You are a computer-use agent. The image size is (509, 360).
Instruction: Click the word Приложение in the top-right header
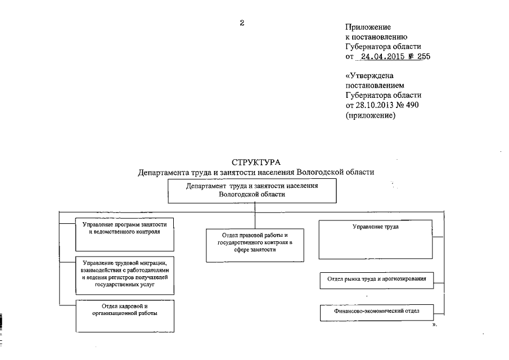pyautogui.click(x=368, y=26)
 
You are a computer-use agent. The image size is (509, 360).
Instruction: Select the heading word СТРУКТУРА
pyautogui.click(x=255, y=163)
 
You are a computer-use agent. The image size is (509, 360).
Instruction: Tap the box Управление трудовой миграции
pyautogui.click(x=124, y=273)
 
